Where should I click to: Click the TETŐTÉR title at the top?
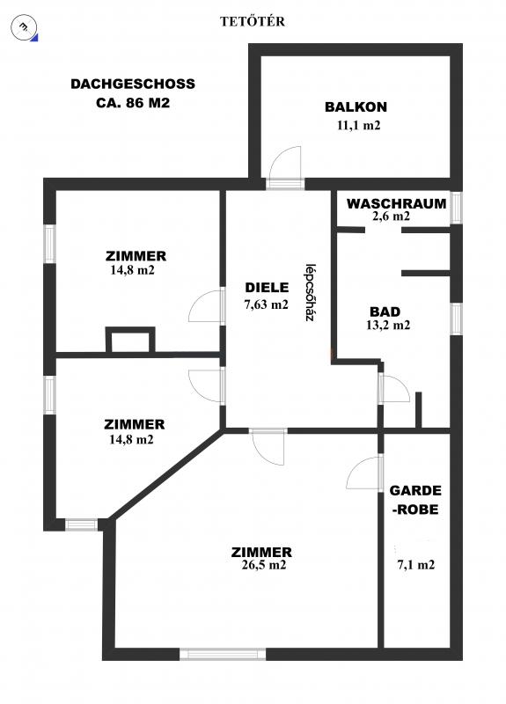(x=253, y=21)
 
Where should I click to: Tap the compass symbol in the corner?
(x=26, y=28)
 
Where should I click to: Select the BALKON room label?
(x=356, y=106)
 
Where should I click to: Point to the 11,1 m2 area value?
(x=358, y=125)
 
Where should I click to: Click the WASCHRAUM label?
(x=397, y=203)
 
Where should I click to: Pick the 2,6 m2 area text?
(x=391, y=216)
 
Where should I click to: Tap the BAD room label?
(x=385, y=312)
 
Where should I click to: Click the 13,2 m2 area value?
(x=388, y=325)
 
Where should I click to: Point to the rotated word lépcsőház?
(x=309, y=292)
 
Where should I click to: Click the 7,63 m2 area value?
(x=266, y=304)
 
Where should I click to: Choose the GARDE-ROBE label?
(x=414, y=500)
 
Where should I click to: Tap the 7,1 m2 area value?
(x=415, y=565)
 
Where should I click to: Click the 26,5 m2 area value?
(x=263, y=565)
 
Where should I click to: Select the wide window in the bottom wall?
(x=223, y=654)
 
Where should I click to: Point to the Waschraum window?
(x=456, y=208)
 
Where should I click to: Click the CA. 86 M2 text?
(x=133, y=103)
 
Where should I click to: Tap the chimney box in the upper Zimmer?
(x=130, y=340)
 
